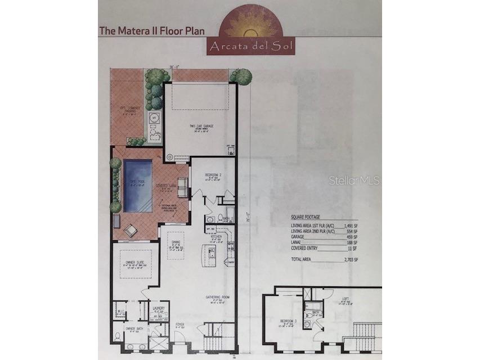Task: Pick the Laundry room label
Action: click(159, 308)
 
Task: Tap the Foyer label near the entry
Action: click(180, 325)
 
